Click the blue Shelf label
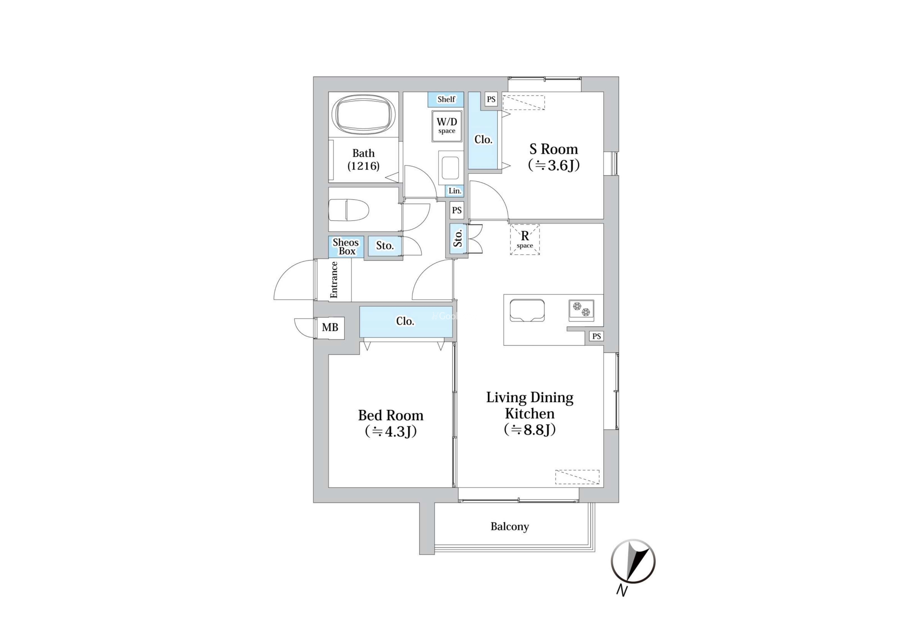[x=446, y=99]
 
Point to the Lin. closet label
[x=454, y=191]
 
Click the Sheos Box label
[x=346, y=247]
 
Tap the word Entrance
[x=334, y=280]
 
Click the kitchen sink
[x=527, y=310]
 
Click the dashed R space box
[x=525, y=239]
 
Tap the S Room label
[x=554, y=157]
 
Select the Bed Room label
[x=391, y=423]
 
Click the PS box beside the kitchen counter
[x=596, y=336]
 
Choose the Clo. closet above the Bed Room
[x=406, y=321]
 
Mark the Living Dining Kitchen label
[x=530, y=413]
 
